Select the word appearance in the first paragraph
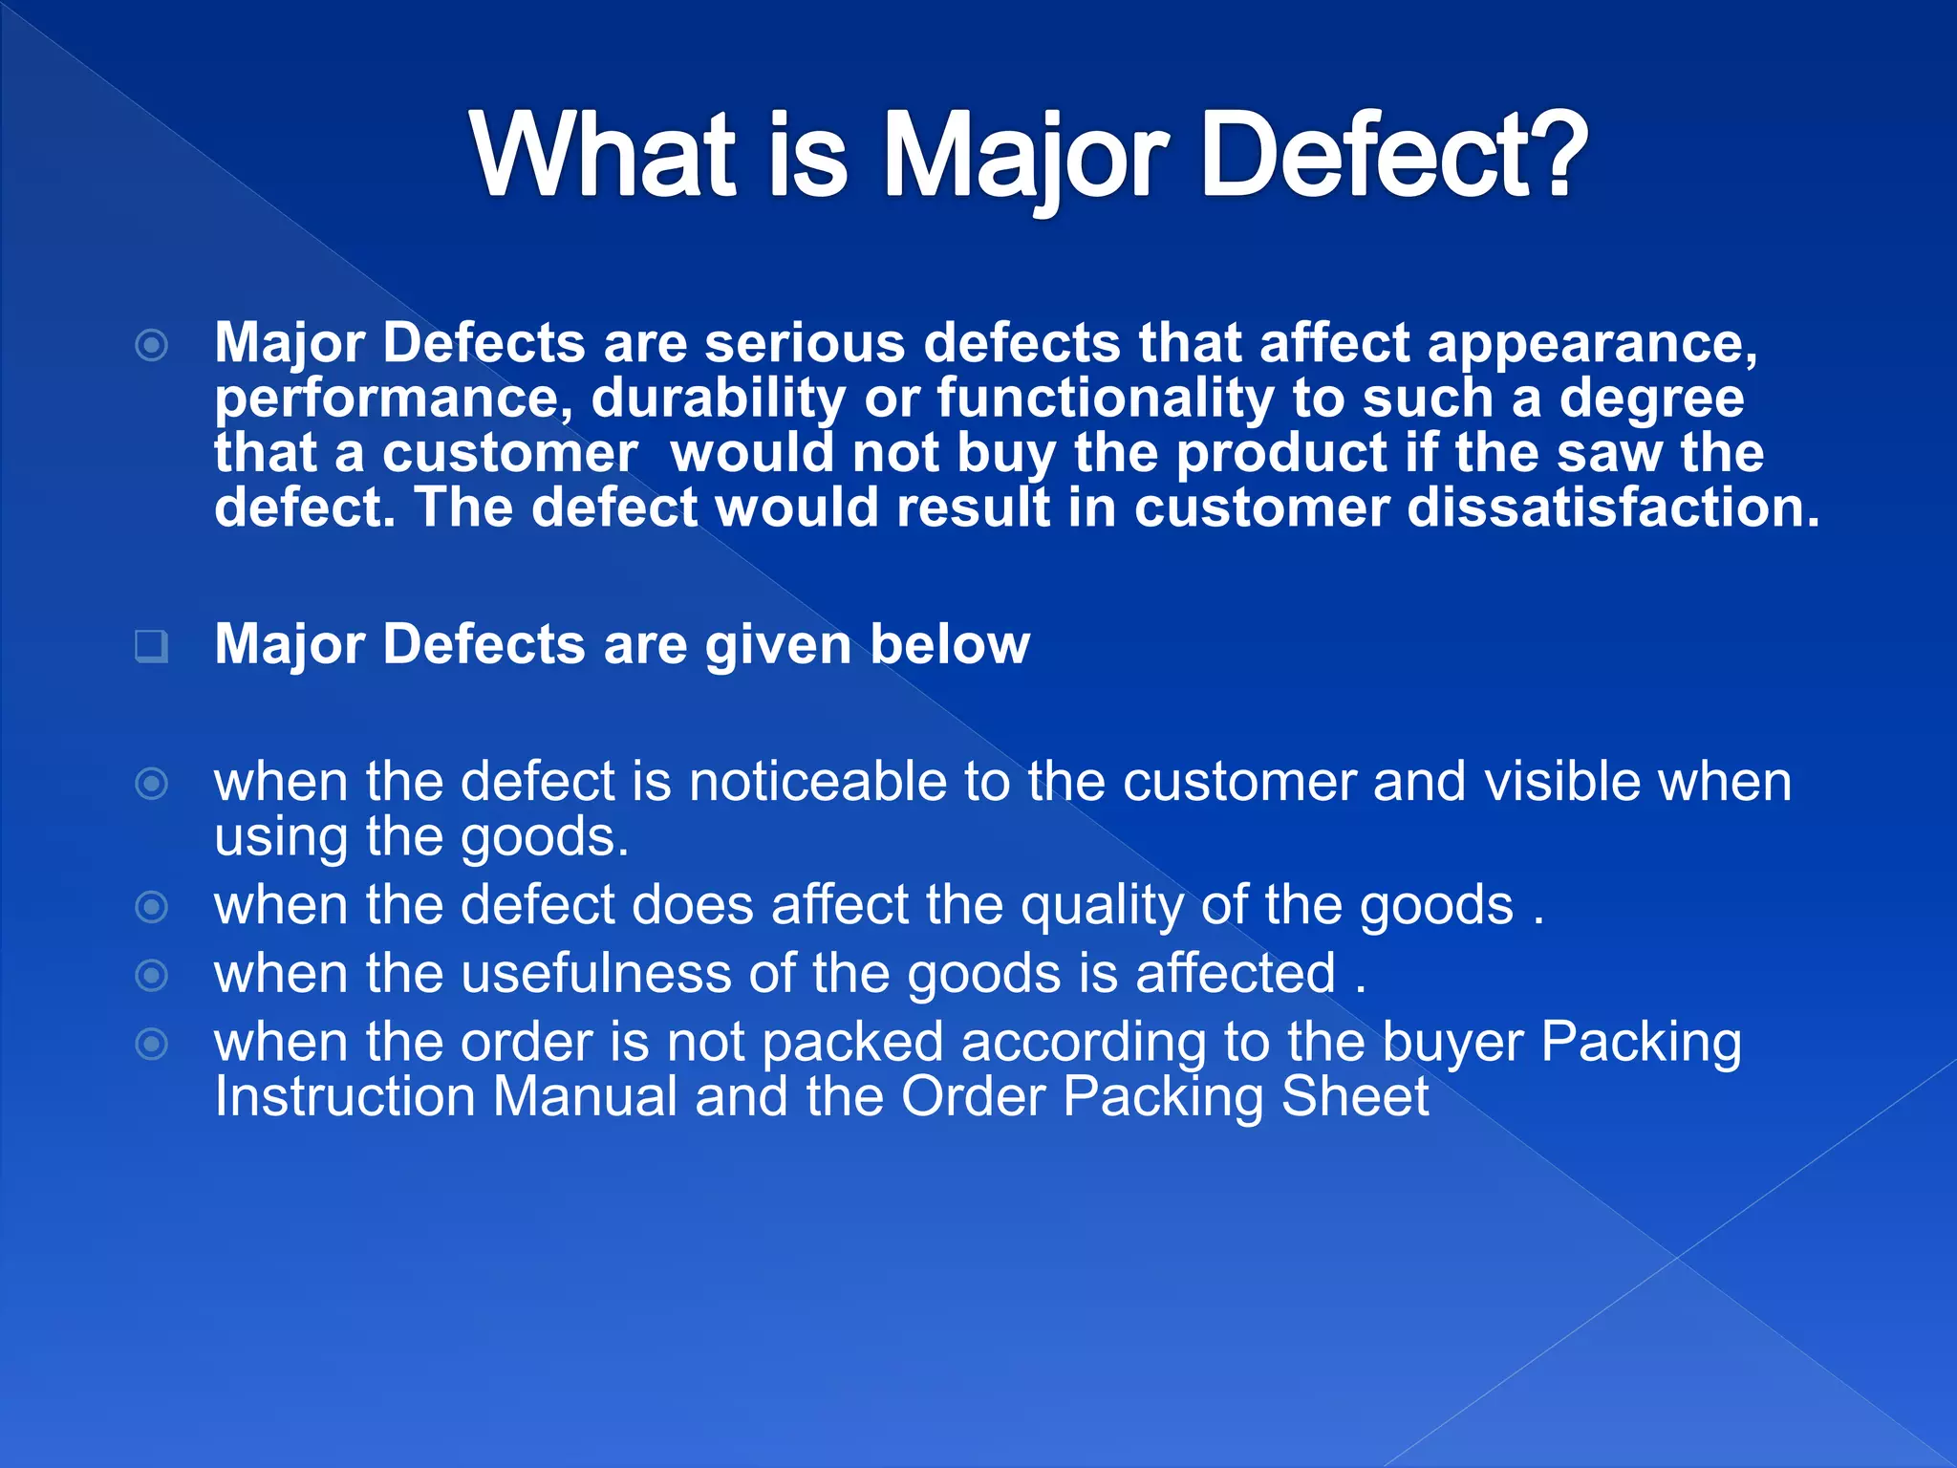point(1592,343)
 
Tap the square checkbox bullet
point(151,646)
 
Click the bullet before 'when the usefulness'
point(152,976)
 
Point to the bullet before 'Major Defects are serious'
point(152,345)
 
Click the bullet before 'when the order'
point(152,1044)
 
